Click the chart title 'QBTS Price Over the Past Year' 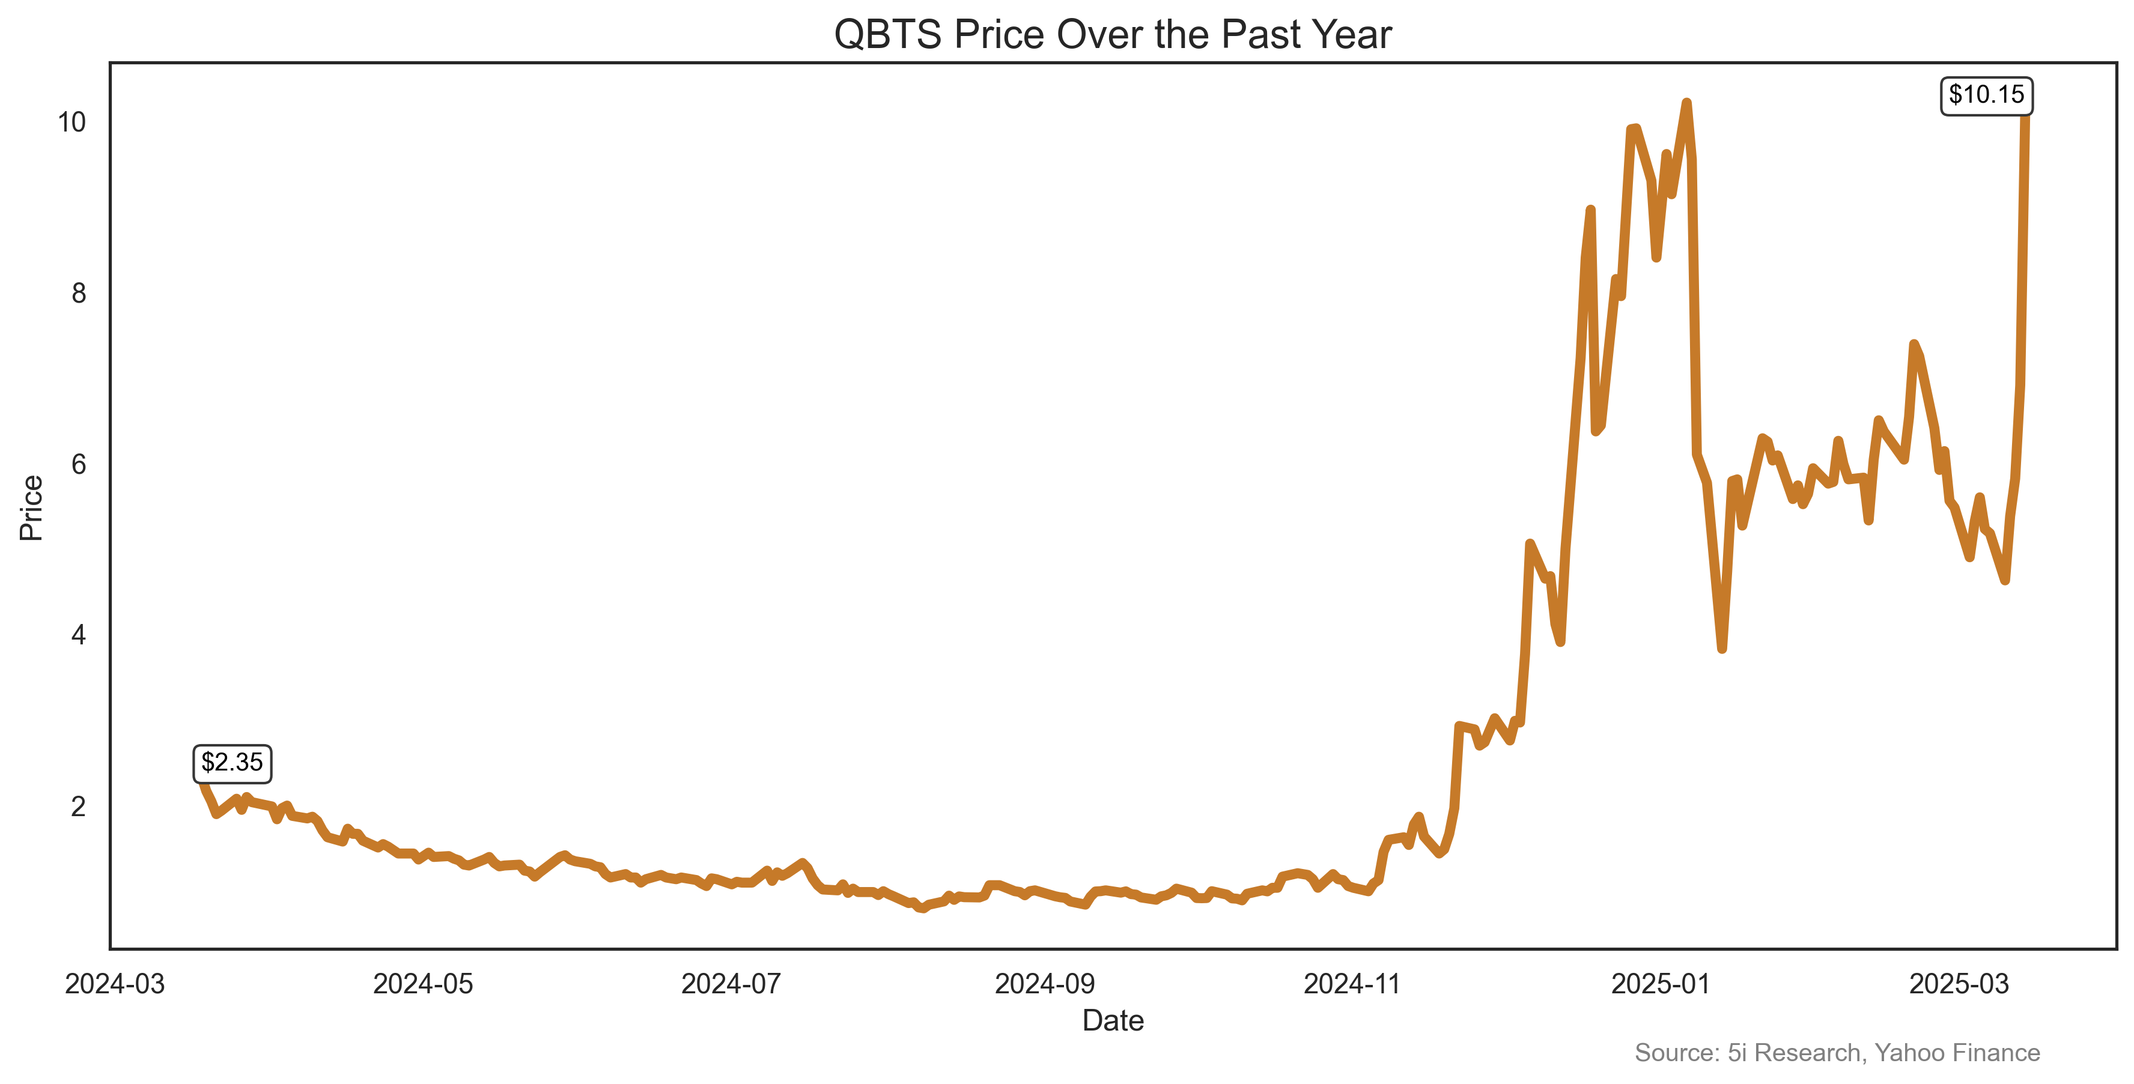pos(1113,35)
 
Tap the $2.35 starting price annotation pos(232,763)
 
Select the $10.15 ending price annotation pos(1986,95)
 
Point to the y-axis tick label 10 pos(71,123)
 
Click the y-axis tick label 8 pos(79,293)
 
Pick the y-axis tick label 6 pos(79,465)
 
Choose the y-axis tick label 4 pos(79,635)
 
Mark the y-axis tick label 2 pos(79,807)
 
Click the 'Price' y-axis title pos(31,507)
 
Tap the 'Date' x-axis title pos(1113,1021)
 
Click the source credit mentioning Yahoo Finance pos(1837,1053)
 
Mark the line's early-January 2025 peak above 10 pos(1686,103)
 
